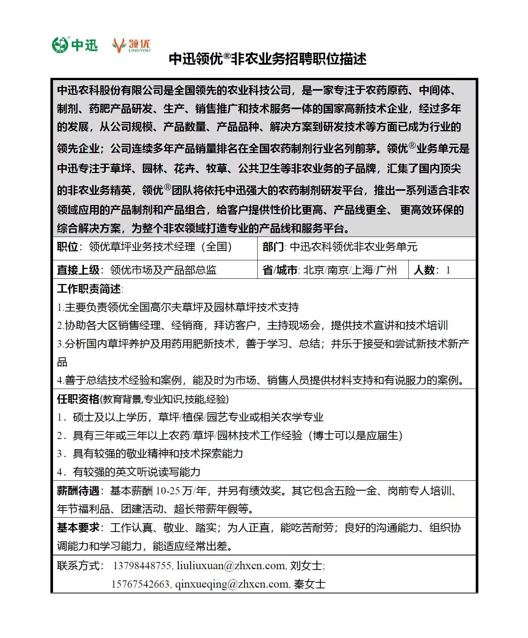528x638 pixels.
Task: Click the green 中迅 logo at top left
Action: (x=75, y=45)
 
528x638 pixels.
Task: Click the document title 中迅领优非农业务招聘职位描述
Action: (x=267, y=59)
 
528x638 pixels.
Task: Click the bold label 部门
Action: (x=273, y=247)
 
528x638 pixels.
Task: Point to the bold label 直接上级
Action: (x=78, y=270)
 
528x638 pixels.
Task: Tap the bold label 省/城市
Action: (x=280, y=270)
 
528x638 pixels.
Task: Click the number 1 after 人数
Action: (x=448, y=270)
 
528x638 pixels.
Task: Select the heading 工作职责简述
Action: (x=89, y=289)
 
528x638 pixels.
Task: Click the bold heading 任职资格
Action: (x=78, y=399)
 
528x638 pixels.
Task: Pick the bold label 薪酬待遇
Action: (x=78, y=491)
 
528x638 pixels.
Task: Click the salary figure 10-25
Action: (x=168, y=491)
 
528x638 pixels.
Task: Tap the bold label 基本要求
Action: (x=78, y=528)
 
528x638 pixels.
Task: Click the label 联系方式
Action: (x=80, y=565)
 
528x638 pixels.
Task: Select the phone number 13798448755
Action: (x=142, y=566)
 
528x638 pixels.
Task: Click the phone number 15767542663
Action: (x=141, y=584)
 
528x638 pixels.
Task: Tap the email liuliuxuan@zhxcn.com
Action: (x=231, y=566)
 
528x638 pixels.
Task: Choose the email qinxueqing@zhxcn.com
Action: (x=232, y=584)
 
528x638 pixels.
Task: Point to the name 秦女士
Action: (x=310, y=584)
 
